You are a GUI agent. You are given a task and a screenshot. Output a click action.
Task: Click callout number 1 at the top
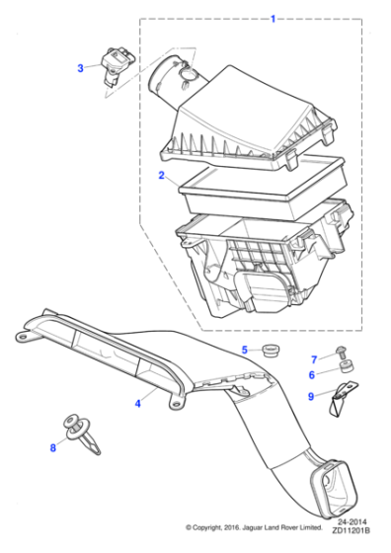274,18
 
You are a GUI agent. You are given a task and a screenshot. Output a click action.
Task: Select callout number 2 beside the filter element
161,176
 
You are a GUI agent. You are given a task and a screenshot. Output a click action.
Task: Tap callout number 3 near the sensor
81,68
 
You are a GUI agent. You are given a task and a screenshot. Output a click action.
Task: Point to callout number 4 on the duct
137,403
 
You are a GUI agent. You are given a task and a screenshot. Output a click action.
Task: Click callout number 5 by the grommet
245,350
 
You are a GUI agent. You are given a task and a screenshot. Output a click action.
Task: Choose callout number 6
313,375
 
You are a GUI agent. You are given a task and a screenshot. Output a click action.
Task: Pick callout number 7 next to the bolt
314,357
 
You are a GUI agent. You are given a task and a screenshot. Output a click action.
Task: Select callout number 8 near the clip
53,448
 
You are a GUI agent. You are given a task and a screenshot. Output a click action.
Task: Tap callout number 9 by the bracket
311,397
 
